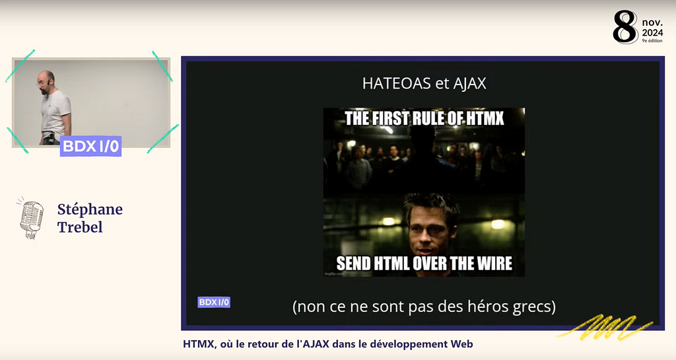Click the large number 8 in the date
(625, 28)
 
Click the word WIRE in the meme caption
(488, 263)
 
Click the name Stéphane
(90, 209)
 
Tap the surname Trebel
(80, 227)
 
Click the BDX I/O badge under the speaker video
(90, 147)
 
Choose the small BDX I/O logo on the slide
(214, 302)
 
